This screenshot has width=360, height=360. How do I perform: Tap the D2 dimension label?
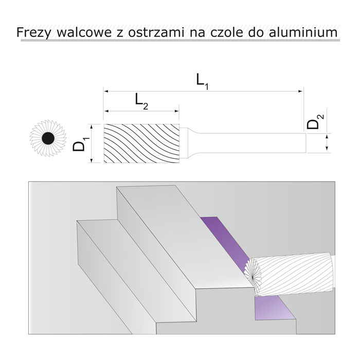tap(315, 124)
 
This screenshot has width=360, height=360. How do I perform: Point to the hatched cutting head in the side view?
tap(141, 143)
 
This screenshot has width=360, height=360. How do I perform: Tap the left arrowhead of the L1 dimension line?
tap(106, 91)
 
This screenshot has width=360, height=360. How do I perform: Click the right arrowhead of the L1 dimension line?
tap(301, 91)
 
